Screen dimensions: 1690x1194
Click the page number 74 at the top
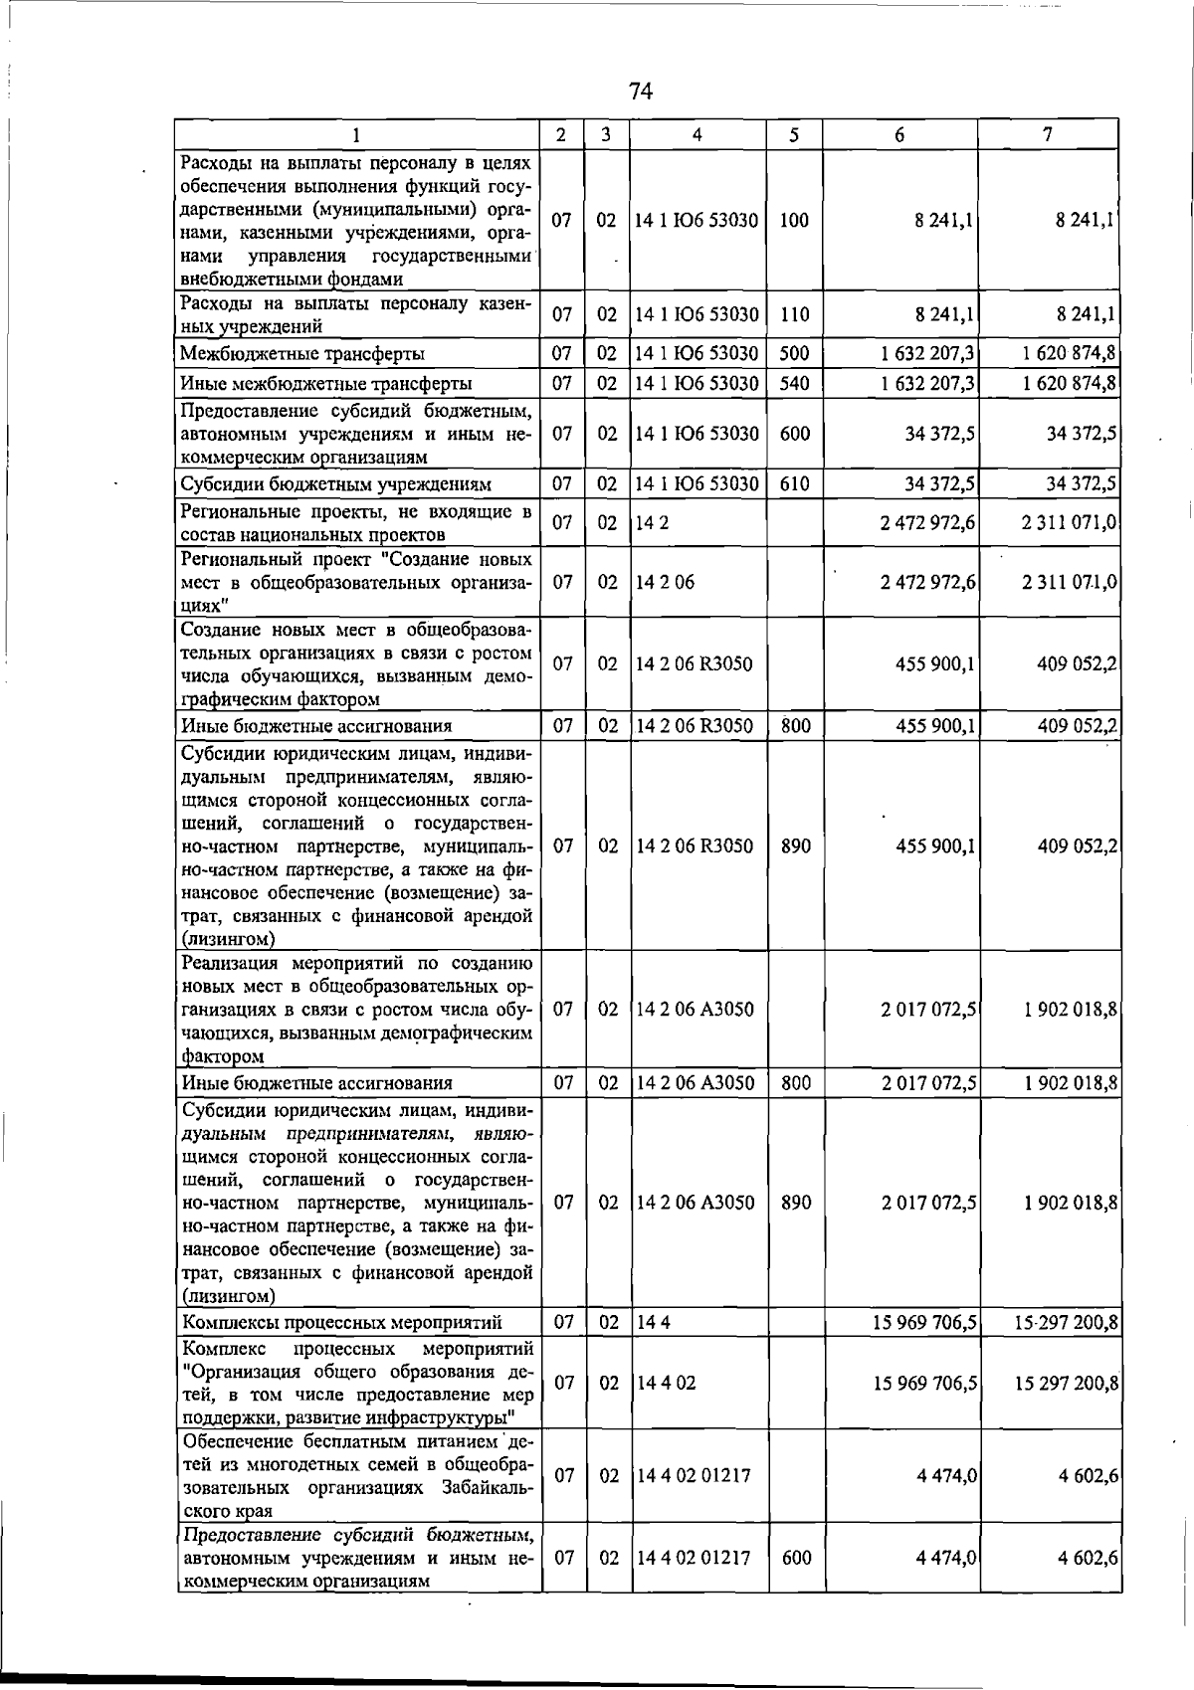(640, 92)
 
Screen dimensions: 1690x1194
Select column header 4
(697, 134)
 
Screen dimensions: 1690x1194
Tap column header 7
(1048, 134)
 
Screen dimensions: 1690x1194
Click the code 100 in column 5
(794, 221)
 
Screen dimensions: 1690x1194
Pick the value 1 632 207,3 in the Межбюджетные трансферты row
(927, 353)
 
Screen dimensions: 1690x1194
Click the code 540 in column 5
(794, 383)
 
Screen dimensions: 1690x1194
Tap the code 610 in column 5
(794, 484)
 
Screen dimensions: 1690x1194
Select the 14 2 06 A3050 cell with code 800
(695, 1083)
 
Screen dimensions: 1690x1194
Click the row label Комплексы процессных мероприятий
(341, 1323)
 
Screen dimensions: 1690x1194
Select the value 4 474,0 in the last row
(945, 1559)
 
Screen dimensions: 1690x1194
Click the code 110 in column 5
(794, 315)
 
